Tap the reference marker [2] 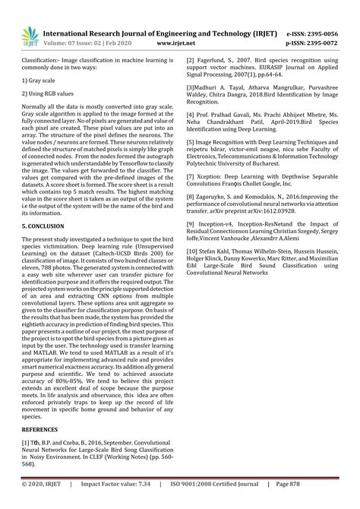[191, 58]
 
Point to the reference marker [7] [191, 175]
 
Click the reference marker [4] [191, 125]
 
